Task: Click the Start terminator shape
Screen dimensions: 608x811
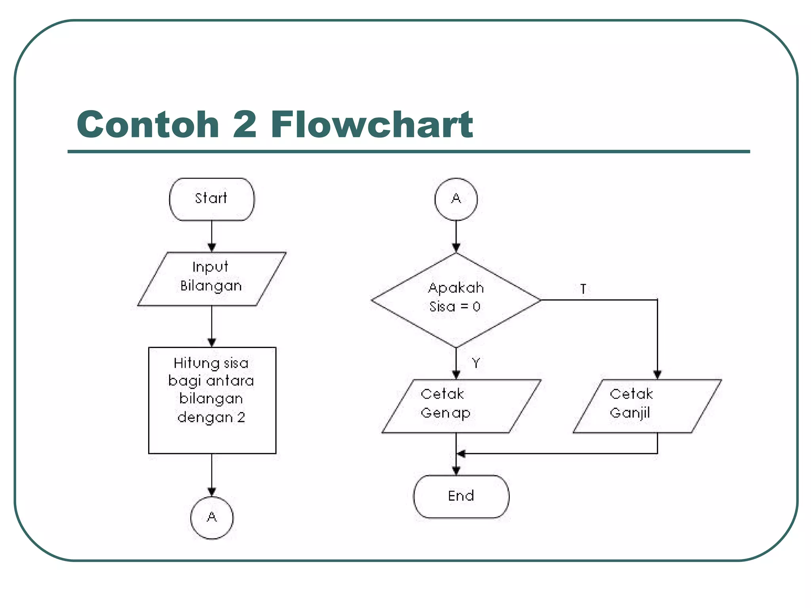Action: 211,199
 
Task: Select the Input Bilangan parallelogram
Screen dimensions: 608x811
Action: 211,279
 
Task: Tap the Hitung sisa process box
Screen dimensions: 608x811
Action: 212,400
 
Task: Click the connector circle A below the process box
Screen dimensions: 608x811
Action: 212,518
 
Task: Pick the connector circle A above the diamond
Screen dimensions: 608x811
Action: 456,199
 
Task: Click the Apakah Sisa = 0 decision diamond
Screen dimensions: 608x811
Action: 456,300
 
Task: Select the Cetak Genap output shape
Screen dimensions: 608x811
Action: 461,406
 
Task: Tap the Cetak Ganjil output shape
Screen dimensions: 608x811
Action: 647,406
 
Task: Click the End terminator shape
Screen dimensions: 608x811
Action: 461,496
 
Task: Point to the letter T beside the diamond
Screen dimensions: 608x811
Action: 583,289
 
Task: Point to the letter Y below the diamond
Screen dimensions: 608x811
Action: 476,363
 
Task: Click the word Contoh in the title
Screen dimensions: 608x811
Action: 148,125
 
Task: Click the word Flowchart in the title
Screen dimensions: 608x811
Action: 371,125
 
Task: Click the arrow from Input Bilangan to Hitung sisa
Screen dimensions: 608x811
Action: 212,326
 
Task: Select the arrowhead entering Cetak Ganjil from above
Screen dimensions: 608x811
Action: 657,374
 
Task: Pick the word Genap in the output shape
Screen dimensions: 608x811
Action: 445,413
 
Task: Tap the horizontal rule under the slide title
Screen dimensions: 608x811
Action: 409,151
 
